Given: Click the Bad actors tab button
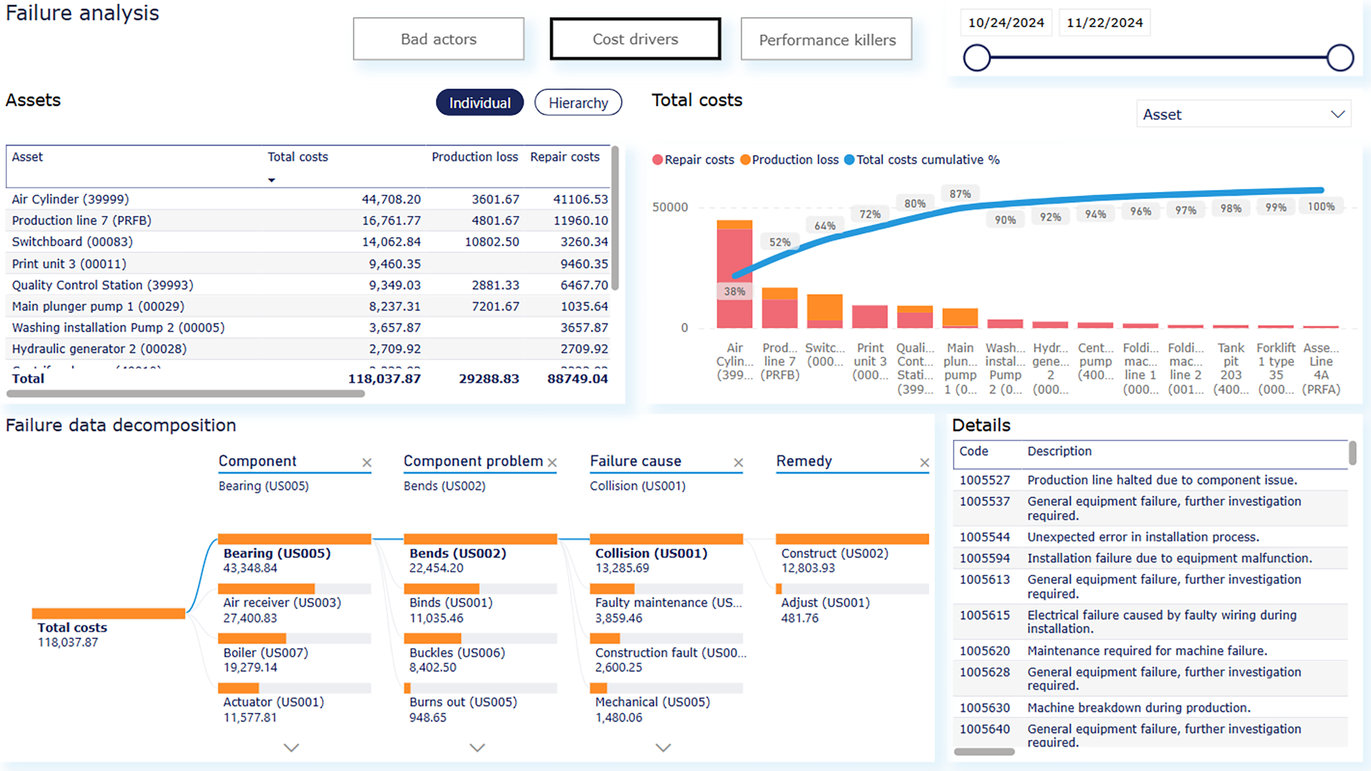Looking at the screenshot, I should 438,39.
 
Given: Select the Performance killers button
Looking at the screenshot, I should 826,39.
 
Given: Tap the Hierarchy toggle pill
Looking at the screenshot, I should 578,103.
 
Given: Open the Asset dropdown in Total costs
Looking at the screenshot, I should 1243,114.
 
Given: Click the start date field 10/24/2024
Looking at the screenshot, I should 1005,23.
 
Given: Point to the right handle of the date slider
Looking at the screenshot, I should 1340,58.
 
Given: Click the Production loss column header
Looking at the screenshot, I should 474,157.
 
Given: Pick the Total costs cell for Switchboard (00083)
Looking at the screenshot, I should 391,242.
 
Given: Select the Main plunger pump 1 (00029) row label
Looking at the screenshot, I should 98,306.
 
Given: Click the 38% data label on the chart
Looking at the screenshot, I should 734,291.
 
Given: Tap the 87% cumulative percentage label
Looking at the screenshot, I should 960,194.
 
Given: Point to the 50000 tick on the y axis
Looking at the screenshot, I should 670,207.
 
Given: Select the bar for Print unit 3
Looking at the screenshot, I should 869,316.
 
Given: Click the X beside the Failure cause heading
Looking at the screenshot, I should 738,462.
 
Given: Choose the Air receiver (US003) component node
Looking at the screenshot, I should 282,603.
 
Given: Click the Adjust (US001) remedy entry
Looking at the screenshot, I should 825,603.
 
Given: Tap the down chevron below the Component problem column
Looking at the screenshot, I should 477,748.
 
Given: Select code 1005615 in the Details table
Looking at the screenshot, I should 984,616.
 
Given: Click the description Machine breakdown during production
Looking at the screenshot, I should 1139,708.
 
